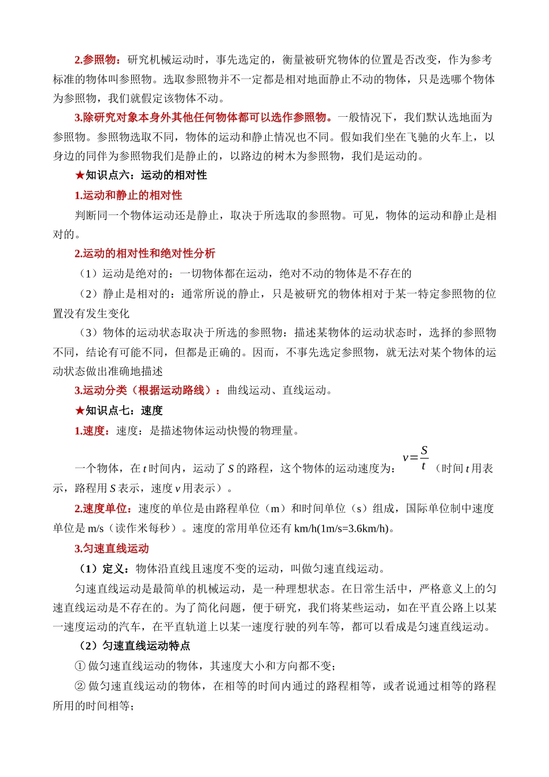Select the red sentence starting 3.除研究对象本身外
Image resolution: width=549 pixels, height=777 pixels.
click(203, 117)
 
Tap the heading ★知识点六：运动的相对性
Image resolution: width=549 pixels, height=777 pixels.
click(140, 175)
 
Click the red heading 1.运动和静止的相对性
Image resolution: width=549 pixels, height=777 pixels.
click(128, 195)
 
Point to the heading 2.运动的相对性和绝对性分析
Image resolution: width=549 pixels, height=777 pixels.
click(144, 253)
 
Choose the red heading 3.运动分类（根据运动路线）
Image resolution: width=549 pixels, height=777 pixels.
click(147, 390)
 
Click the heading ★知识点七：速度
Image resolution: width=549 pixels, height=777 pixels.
click(118, 410)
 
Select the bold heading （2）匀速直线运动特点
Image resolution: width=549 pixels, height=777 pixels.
click(133, 646)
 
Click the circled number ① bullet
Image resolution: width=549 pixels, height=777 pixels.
click(80, 666)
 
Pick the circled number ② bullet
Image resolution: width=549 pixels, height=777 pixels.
click(80, 686)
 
